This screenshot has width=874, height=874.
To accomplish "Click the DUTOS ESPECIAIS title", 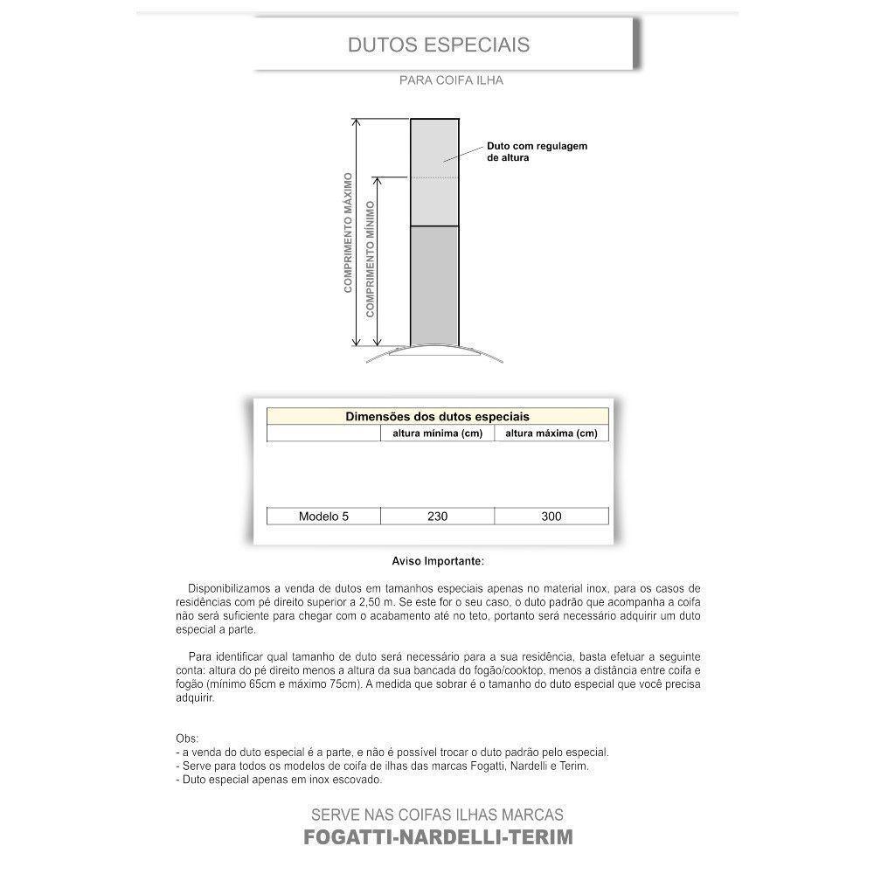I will (438, 44).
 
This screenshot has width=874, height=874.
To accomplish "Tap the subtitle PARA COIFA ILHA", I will (451, 80).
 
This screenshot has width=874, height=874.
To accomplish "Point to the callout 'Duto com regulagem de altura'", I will (537, 152).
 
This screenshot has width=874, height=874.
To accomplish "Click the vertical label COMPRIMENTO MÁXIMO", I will (348, 232).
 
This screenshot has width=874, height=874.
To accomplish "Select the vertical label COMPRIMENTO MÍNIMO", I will (371, 259).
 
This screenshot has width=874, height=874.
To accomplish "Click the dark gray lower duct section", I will (434, 285).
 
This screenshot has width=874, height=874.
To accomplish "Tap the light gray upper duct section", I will (434, 173).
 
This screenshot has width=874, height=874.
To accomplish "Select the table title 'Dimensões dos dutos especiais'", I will (437, 417).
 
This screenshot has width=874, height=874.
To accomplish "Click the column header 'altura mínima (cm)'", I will (437, 434).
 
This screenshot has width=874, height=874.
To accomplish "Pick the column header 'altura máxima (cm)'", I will (551, 434).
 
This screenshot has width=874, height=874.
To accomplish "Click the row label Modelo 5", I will (323, 517).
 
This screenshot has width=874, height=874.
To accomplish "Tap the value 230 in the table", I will (437, 517).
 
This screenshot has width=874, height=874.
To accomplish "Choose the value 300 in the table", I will (551, 517).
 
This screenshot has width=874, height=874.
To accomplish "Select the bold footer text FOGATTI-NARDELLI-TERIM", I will (438, 837).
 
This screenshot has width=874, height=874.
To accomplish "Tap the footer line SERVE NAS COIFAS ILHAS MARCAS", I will (438, 815).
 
